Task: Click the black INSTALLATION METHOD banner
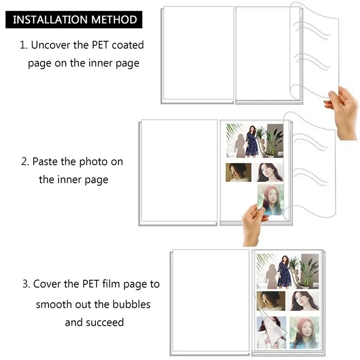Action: coord(74,20)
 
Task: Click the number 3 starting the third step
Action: coord(25,284)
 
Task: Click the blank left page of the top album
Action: coord(198,54)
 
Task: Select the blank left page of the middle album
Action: coord(179,171)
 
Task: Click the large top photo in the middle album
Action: coord(254,140)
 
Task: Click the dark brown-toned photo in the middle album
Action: coord(238,172)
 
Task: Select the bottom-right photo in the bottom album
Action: coord(305,331)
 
